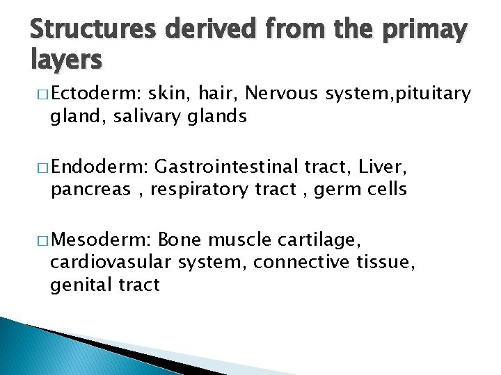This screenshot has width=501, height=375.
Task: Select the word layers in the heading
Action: (66, 61)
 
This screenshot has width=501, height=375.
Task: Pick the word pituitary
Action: (434, 93)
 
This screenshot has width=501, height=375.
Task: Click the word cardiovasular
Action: (111, 262)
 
